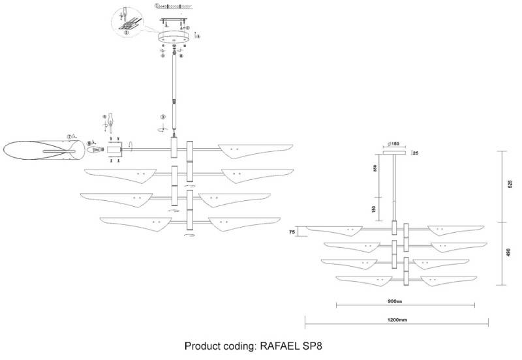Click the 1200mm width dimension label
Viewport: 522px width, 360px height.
coord(397,320)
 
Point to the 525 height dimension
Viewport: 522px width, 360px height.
coord(510,185)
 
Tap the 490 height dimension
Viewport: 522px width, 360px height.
coord(510,253)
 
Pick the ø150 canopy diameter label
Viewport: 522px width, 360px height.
coord(393,144)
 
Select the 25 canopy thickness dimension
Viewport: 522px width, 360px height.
coord(416,153)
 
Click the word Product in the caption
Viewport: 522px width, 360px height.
coord(202,346)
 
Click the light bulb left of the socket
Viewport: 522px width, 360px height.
coord(96,150)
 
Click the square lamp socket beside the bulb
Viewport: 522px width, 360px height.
coord(115,150)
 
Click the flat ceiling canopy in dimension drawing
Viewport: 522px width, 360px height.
coord(393,153)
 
